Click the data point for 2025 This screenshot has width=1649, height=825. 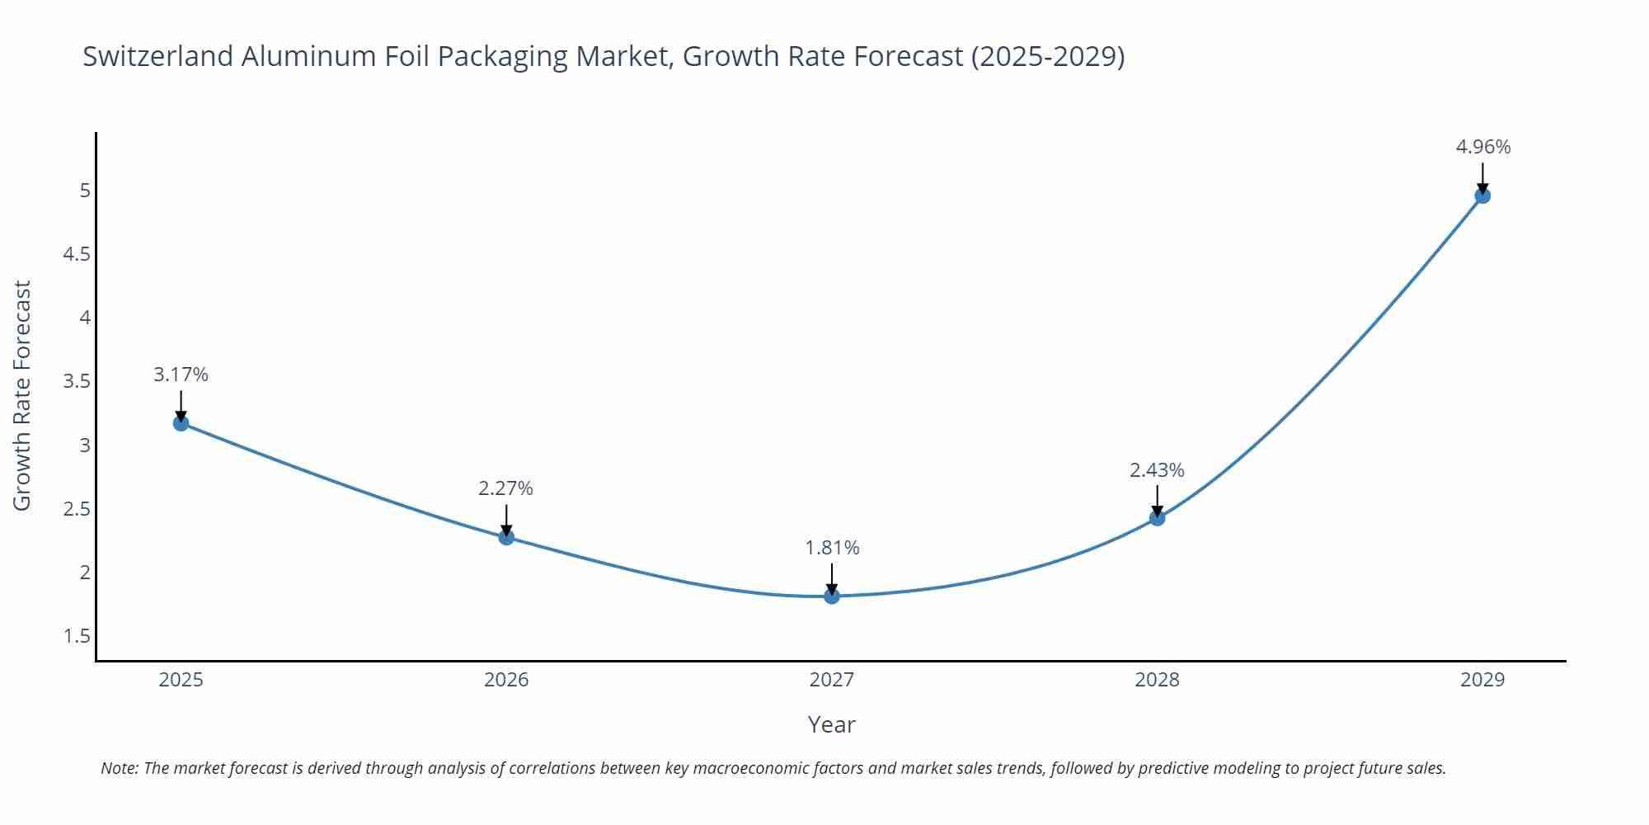(x=181, y=423)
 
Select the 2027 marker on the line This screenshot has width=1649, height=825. (x=831, y=596)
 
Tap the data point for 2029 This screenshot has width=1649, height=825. (x=1482, y=196)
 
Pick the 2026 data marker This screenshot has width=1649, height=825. (x=506, y=537)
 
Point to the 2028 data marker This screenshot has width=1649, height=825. (x=1157, y=518)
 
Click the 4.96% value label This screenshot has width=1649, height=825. (x=1482, y=147)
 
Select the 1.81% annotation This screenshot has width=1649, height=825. (x=832, y=548)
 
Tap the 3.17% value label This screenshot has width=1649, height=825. (x=181, y=375)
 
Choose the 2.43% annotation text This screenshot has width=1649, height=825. (x=1157, y=470)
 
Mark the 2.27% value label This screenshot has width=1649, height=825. (x=505, y=488)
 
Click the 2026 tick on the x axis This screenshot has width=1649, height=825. (x=506, y=680)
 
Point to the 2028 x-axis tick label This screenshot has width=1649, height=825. (x=1157, y=680)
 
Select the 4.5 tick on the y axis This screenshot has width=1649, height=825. (x=77, y=254)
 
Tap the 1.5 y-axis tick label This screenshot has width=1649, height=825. (x=77, y=636)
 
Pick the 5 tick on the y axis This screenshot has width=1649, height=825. (x=84, y=191)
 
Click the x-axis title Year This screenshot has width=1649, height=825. (x=831, y=724)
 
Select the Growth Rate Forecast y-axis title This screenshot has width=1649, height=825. (x=22, y=395)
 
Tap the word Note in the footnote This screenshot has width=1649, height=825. (x=119, y=768)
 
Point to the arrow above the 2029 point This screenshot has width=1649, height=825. (x=1482, y=177)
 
